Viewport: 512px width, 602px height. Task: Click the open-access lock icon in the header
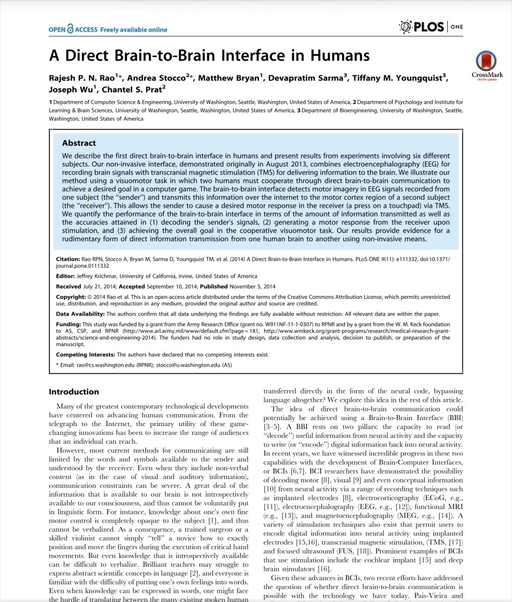pos(71,27)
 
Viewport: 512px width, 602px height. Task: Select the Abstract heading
pos(79,142)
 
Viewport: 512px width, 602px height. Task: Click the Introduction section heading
pos(74,391)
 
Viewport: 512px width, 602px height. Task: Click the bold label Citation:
pos(68,259)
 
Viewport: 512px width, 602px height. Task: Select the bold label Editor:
pos(65,276)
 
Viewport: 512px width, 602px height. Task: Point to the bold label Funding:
pos(68,324)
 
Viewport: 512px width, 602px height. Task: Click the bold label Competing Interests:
pos(85,355)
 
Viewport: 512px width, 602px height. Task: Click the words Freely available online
pos(134,29)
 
